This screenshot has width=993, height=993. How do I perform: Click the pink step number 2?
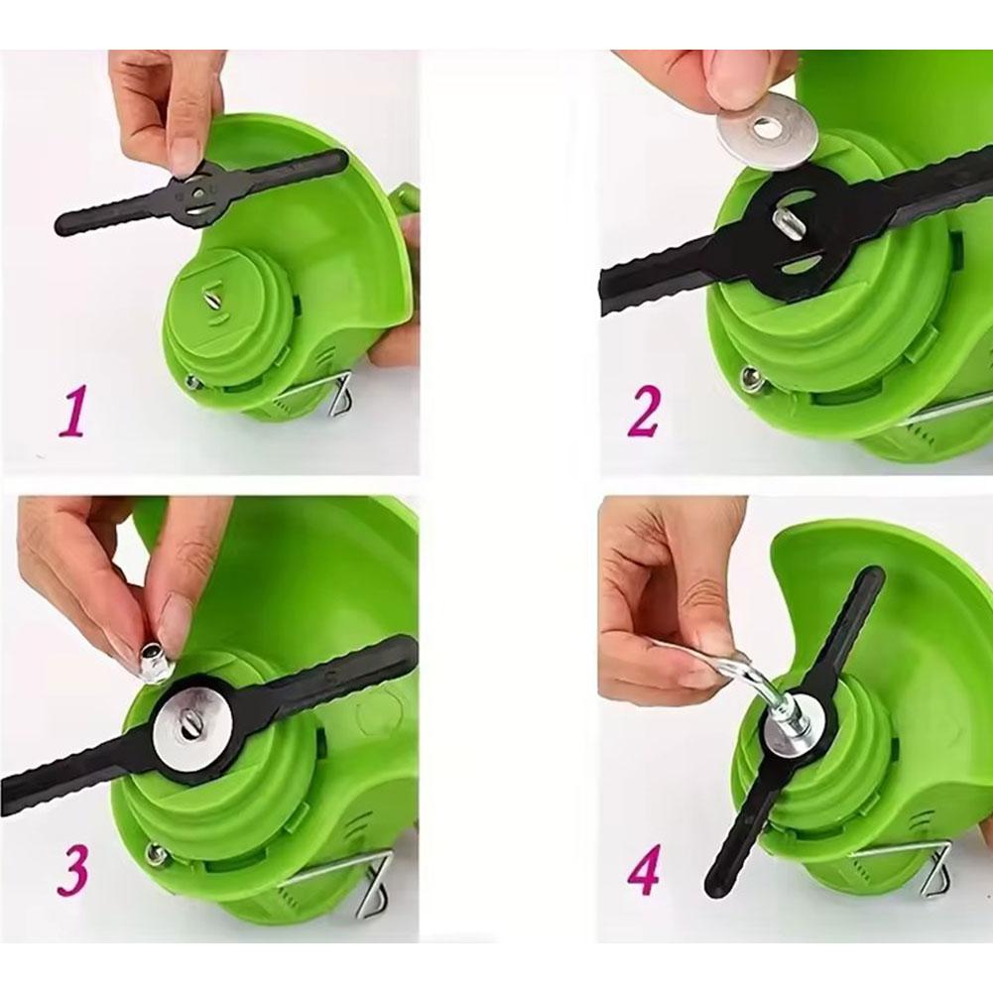coord(643,413)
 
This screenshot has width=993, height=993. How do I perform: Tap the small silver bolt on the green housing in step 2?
coord(754,379)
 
